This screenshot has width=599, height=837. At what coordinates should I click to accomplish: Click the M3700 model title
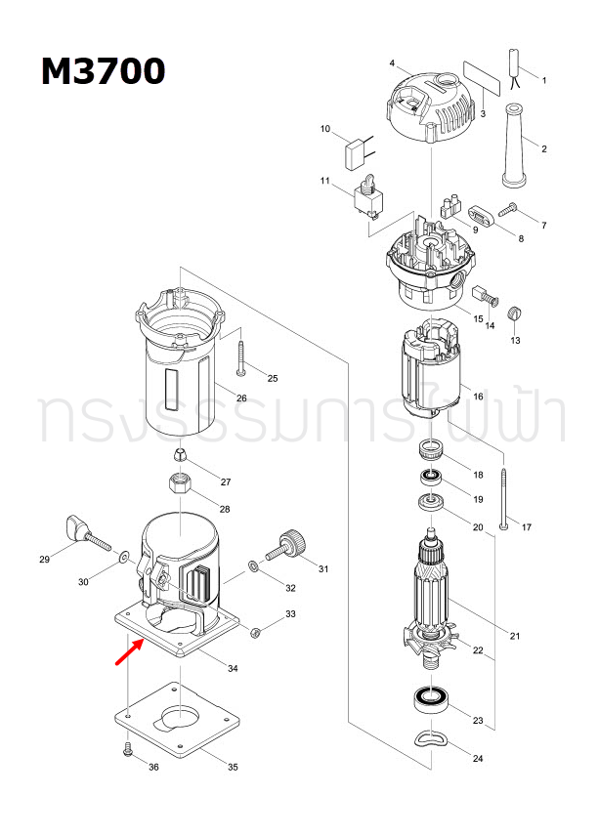[103, 70]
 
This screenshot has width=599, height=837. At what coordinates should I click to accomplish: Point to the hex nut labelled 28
[182, 482]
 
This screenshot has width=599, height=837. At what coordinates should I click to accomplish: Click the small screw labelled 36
[127, 749]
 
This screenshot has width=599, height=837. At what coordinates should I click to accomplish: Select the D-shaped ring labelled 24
[430, 738]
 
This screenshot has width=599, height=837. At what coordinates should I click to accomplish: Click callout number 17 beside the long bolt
[526, 527]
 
